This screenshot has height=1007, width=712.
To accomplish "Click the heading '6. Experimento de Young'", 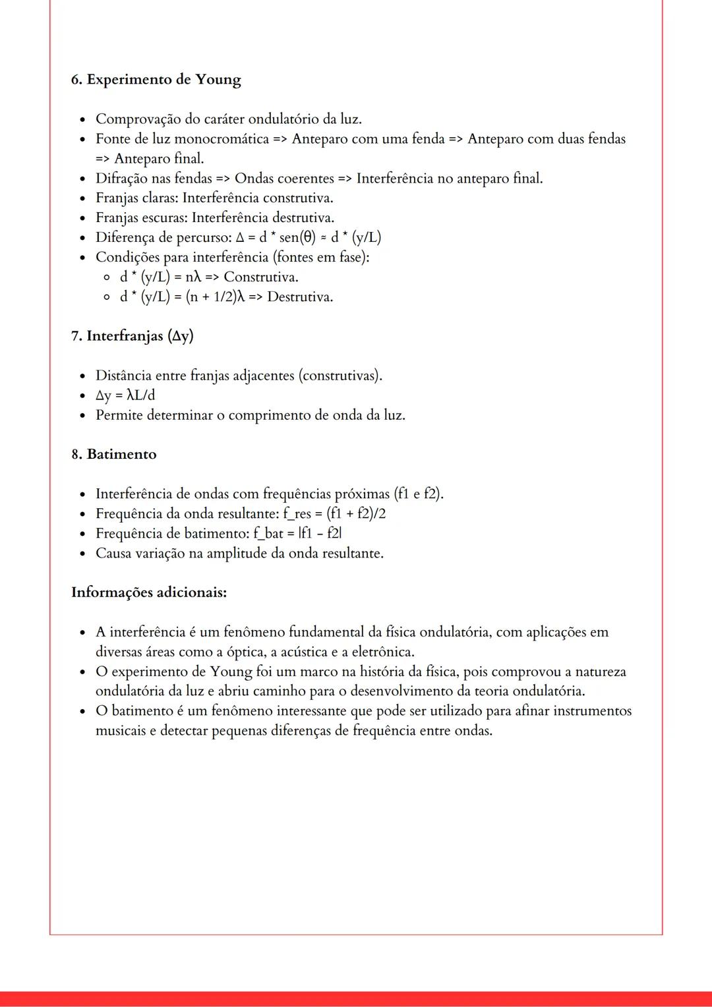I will pyautogui.click(x=156, y=80).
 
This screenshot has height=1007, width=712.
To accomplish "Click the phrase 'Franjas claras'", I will pyautogui.click(x=136, y=198).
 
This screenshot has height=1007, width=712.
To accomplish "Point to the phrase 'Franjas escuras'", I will pyautogui.click(x=141, y=218).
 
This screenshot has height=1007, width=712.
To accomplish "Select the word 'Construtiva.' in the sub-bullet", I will pyautogui.click(x=261, y=277).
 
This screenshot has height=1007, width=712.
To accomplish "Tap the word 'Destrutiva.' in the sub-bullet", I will pyautogui.click(x=300, y=297).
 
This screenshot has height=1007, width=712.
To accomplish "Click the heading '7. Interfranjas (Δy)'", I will pyautogui.click(x=132, y=336).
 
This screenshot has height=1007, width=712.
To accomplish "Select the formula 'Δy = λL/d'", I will pyautogui.click(x=125, y=395).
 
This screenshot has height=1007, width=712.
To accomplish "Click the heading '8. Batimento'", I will pyautogui.click(x=114, y=455).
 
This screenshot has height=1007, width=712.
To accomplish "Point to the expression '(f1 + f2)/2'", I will pyautogui.click(x=356, y=514).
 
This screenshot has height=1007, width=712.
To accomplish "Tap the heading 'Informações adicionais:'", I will pyautogui.click(x=149, y=592).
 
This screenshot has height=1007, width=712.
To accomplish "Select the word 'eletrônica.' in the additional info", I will pyautogui.click(x=382, y=652).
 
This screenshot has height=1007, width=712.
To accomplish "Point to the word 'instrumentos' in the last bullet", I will pyautogui.click(x=593, y=712).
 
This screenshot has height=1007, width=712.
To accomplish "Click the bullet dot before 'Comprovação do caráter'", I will pyautogui.click(x=82, y=120).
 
